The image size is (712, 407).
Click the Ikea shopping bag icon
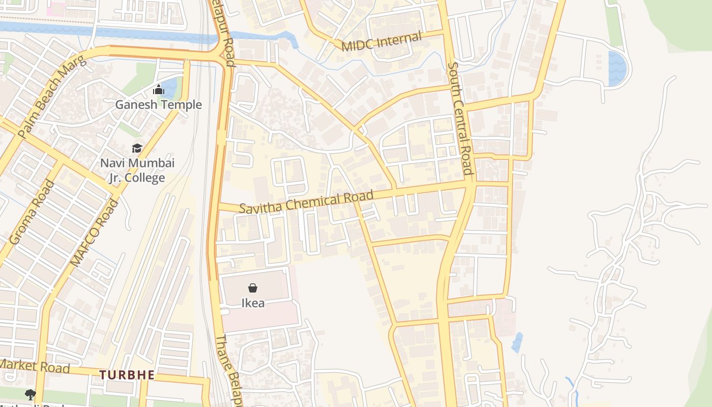pos(252,288)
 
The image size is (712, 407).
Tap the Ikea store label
pos(253,303)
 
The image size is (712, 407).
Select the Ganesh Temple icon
pos(159,90)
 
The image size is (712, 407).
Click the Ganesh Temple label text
pos(159,105)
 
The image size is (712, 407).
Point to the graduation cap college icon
pos(137,148)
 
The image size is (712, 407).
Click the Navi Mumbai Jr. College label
pos(137,170)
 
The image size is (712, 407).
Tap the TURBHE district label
pos(127,375)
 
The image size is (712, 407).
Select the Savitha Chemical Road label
pos(306,202)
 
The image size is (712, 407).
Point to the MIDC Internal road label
pos(381,42)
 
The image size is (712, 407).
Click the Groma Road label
pos(32,212)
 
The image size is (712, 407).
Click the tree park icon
pos(30,394)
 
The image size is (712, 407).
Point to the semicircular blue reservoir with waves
pos(617,68)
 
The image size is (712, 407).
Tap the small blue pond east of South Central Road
pos(517,343)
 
